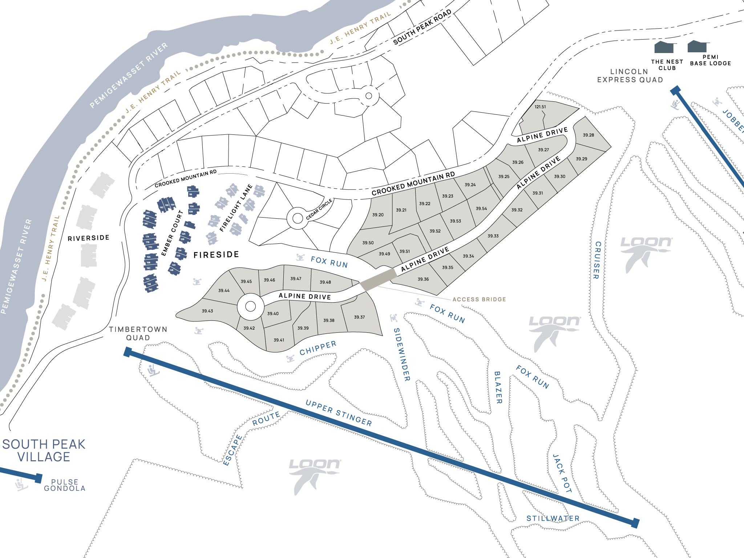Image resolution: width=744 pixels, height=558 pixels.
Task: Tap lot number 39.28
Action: pos(589,135)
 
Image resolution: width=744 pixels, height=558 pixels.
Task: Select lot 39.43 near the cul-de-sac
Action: pos(207,311)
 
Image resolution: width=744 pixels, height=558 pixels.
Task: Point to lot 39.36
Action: pos(423,279)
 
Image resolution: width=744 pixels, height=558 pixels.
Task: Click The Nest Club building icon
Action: pos(664,48)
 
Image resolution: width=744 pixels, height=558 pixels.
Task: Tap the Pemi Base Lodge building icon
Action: pos(697,46)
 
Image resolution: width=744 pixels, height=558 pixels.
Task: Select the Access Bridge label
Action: pos(479,299)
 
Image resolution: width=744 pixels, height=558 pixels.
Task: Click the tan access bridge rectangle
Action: pos(378,279)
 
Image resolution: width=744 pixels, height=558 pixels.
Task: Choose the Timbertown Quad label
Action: pos(138,333)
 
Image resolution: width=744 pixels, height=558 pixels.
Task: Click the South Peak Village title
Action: pos(44,450)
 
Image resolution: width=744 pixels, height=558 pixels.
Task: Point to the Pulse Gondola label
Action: pos(65,485)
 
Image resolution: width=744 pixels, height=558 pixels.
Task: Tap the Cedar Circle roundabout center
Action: pos(298,218)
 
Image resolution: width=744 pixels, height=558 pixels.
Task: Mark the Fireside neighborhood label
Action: pos(216,255)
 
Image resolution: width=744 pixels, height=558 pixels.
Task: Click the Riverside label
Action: pos(88,238)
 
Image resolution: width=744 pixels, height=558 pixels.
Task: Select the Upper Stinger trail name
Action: pos(339,413)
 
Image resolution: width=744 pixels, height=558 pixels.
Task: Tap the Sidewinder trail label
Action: pos(402,355)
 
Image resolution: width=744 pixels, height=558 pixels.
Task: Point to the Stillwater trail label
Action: pos(553,518)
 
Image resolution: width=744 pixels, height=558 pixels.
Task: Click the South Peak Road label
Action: pos(422,27)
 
